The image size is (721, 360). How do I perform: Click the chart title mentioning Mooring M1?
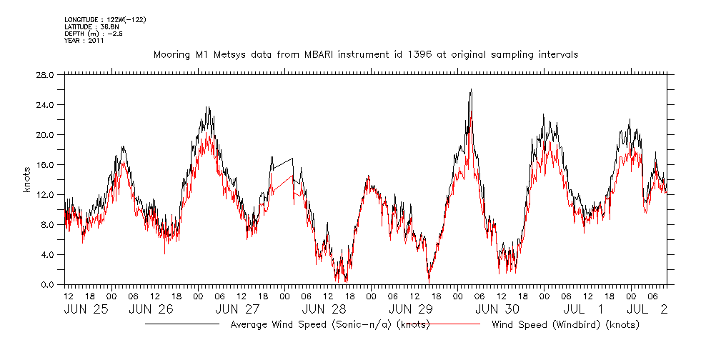[x=366, y=54]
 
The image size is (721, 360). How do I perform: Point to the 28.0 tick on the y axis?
[x=45, y=74]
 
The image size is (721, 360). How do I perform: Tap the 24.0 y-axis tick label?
[x=45, y=104]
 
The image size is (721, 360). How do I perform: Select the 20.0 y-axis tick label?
[x=45, y=134]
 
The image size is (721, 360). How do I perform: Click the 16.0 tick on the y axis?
[x=45, y=164]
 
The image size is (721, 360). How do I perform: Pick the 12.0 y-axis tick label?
[x=45, y=194]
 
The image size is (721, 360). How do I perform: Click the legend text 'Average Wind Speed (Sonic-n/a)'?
[x=330, y=324]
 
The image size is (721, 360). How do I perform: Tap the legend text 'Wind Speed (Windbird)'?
[x=565, y=324]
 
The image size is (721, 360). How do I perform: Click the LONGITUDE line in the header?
[x=105, y=19]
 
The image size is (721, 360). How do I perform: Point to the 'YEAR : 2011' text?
[x=84, y=41]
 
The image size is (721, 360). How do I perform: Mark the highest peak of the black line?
[x=471, y=90]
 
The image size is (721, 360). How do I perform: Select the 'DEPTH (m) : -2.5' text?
[x=93, y=34]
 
